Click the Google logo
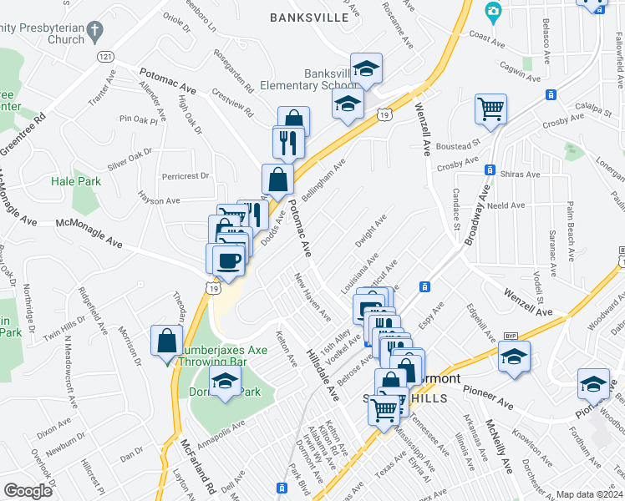28,491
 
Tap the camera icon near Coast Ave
493,11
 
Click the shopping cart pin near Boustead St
490,109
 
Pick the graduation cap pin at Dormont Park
225,383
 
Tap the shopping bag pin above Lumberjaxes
167,339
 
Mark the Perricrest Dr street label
185,176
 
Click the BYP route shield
511,336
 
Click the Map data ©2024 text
589,494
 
